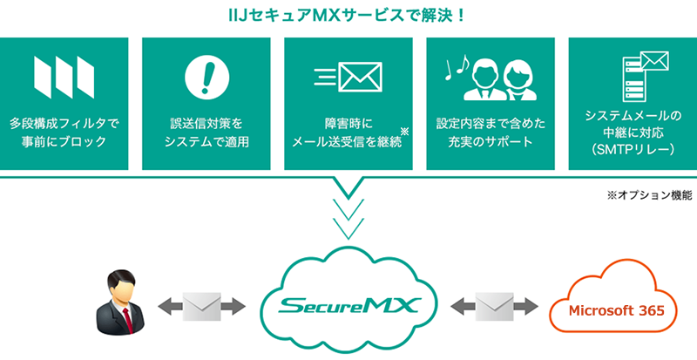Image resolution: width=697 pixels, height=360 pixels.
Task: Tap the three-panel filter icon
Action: click(x=63, y=78)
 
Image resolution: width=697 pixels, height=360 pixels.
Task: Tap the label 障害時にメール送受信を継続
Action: click(x=348, y=132)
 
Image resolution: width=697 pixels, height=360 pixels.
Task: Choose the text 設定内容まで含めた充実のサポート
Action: click(x=490, y=132)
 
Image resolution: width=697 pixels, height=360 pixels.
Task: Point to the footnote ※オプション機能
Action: click(x=649, y=196)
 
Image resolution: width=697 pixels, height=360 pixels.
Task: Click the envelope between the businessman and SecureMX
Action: click(x=203, y=307)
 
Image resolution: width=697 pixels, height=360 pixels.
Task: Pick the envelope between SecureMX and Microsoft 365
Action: click(x=494, y=307)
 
